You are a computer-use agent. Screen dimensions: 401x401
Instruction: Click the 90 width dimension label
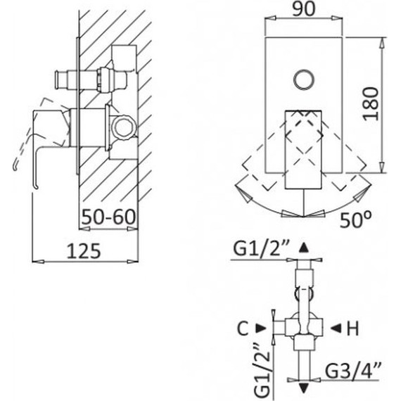tap(303, 10)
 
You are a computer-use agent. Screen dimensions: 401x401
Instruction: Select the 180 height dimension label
tap(371, 103)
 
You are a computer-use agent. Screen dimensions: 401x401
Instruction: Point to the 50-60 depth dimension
tap(108, 217)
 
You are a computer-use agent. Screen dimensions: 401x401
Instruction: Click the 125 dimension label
tap(84, 250)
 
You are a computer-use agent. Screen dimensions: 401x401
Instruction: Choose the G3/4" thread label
tap(353, 370)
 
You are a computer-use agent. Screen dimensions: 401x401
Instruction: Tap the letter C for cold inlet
tap(243, 329)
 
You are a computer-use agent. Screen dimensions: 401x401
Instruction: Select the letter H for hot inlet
tap(352, 329)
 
